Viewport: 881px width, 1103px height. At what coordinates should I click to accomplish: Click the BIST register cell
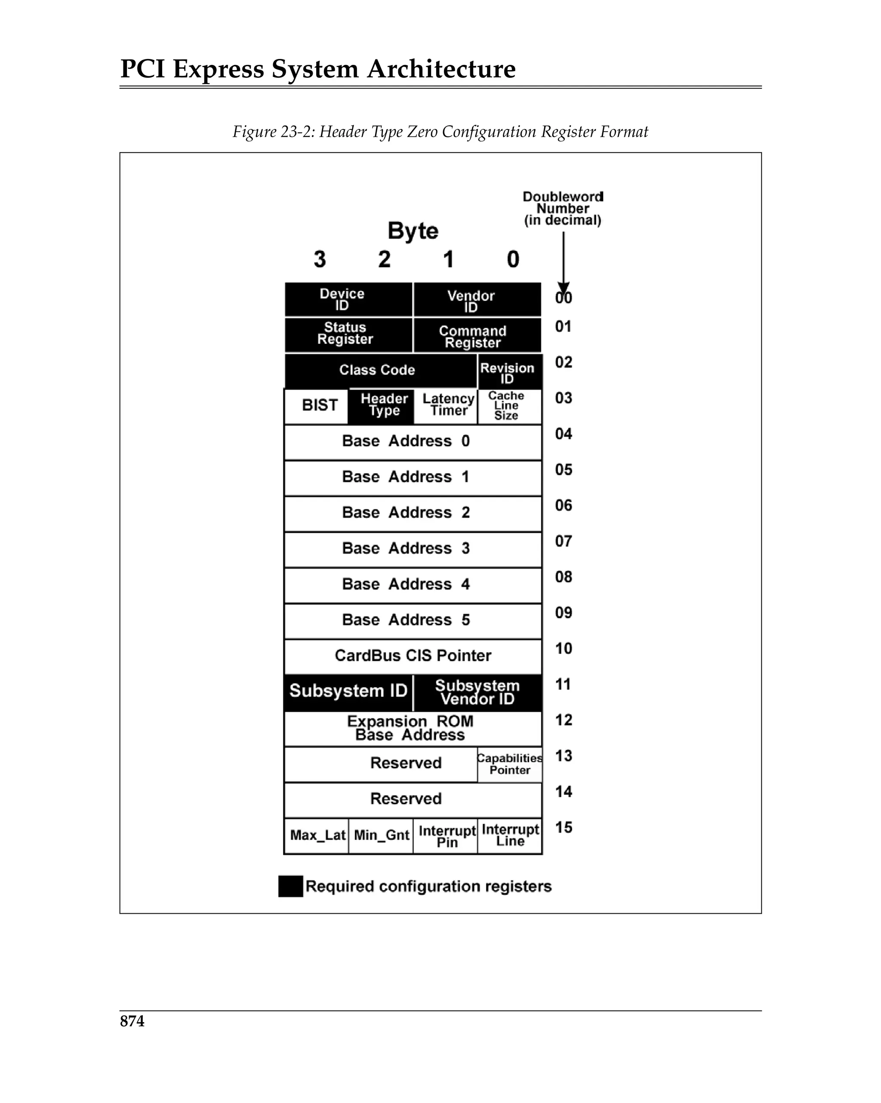[317, 406]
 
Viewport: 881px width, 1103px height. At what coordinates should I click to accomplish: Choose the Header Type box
[381, 406]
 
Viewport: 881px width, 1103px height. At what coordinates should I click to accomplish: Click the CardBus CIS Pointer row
[413, 656]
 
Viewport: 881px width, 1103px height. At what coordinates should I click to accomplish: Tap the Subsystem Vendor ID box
[477, 693]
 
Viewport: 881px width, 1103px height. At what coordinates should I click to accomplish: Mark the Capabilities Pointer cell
[510, 764]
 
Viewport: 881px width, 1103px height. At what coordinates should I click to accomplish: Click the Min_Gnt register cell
[381, 835]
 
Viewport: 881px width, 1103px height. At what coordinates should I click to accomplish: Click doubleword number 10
[563, 649]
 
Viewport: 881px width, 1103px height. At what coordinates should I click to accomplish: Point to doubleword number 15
[563, 828]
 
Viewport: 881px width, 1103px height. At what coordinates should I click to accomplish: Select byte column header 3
[320, 259]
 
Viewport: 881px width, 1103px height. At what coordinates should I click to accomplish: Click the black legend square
[290, 887]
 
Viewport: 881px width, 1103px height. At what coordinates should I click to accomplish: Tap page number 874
[132, 1021]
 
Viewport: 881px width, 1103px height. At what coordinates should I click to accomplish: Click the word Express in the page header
[218, 69]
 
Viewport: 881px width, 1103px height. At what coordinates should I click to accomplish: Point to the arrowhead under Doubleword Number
[563, 288]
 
